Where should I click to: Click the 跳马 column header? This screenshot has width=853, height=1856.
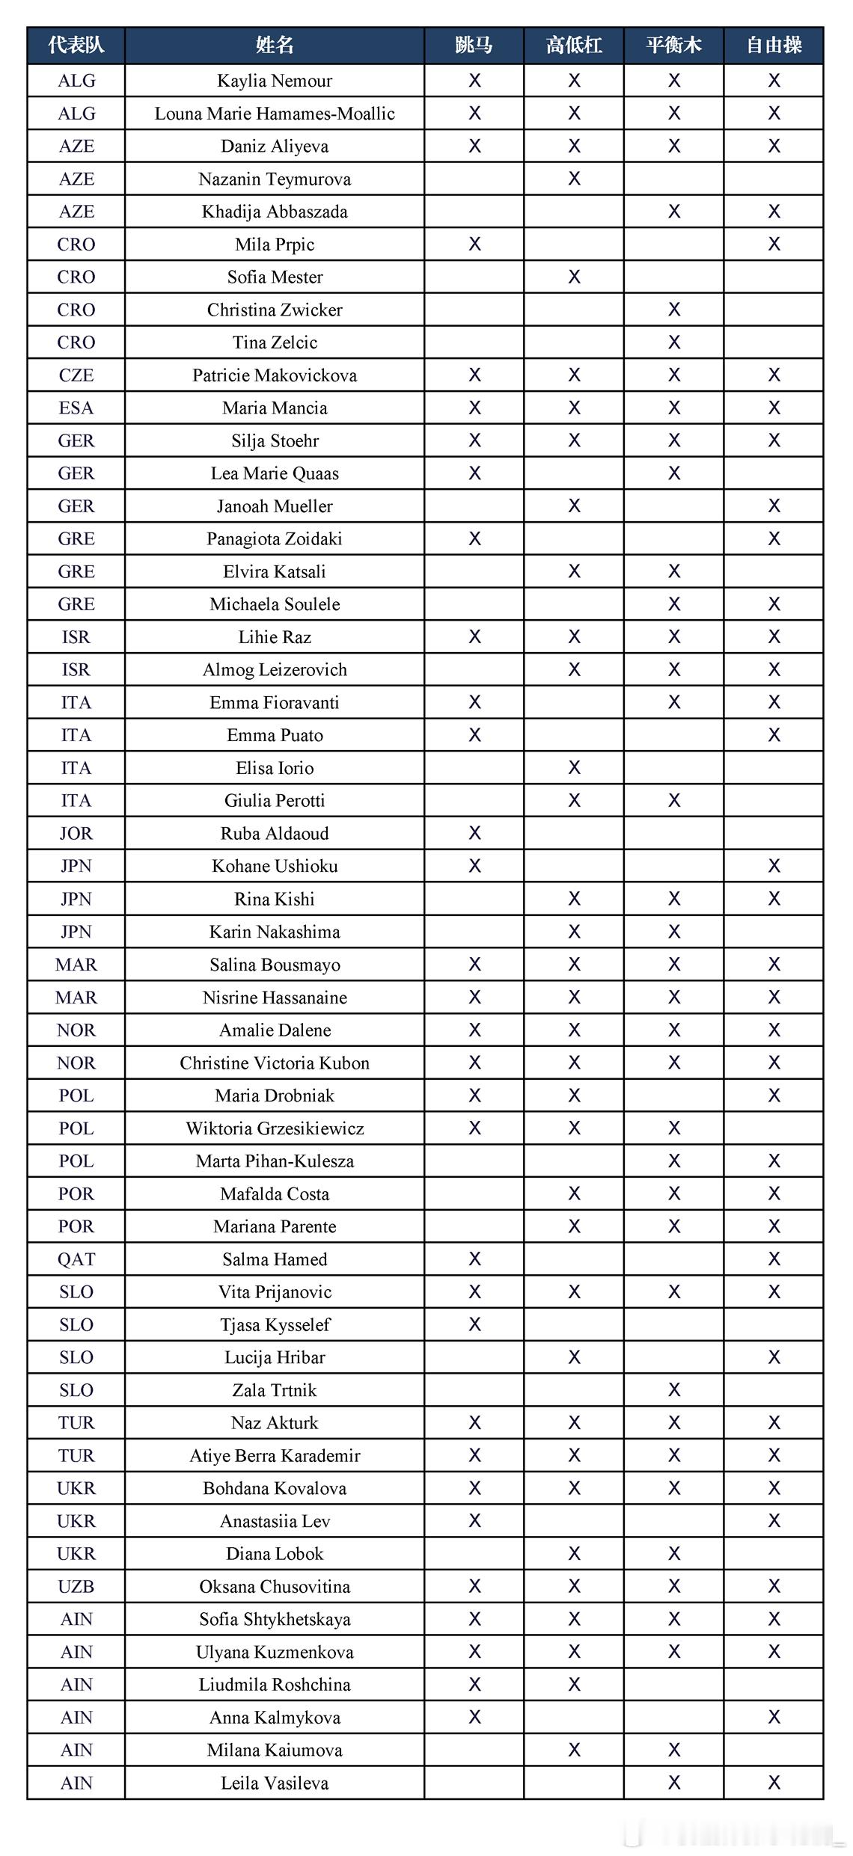coord(474,46)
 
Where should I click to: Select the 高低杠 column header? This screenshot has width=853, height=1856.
coord(574,46)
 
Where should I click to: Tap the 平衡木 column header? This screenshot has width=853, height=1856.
coord(673,46)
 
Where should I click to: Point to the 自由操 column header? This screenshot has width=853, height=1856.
coord(774,46)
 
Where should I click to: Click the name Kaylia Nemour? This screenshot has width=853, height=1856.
coord(275,81)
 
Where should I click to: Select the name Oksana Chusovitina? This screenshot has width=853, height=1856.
coord(275,1587)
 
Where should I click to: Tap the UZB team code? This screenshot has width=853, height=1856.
coord(76,1587)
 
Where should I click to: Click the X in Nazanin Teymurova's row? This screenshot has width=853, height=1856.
coord(574,179)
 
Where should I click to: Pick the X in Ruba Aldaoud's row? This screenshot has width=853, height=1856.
coord(474,833)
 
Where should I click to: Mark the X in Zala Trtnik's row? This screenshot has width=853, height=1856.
coord(674,1390)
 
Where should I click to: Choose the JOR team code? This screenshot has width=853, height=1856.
coord(76,833)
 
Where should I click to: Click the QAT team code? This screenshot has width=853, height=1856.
coord(76,1259)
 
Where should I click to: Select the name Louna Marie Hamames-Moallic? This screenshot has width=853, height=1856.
coord(275,114)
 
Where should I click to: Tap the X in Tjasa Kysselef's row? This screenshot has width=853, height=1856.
coord(474,1324)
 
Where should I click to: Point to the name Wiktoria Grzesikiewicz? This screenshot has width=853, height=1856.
coord(275,1128)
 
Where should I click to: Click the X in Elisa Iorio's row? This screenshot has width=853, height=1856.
coord(574,768)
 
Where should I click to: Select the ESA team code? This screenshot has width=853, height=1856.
coord(76,408)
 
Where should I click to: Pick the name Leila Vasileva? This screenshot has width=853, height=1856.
coord(275,1783)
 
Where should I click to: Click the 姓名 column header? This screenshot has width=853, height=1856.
coord(275,46)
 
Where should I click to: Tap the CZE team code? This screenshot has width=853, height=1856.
coord(76,375)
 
